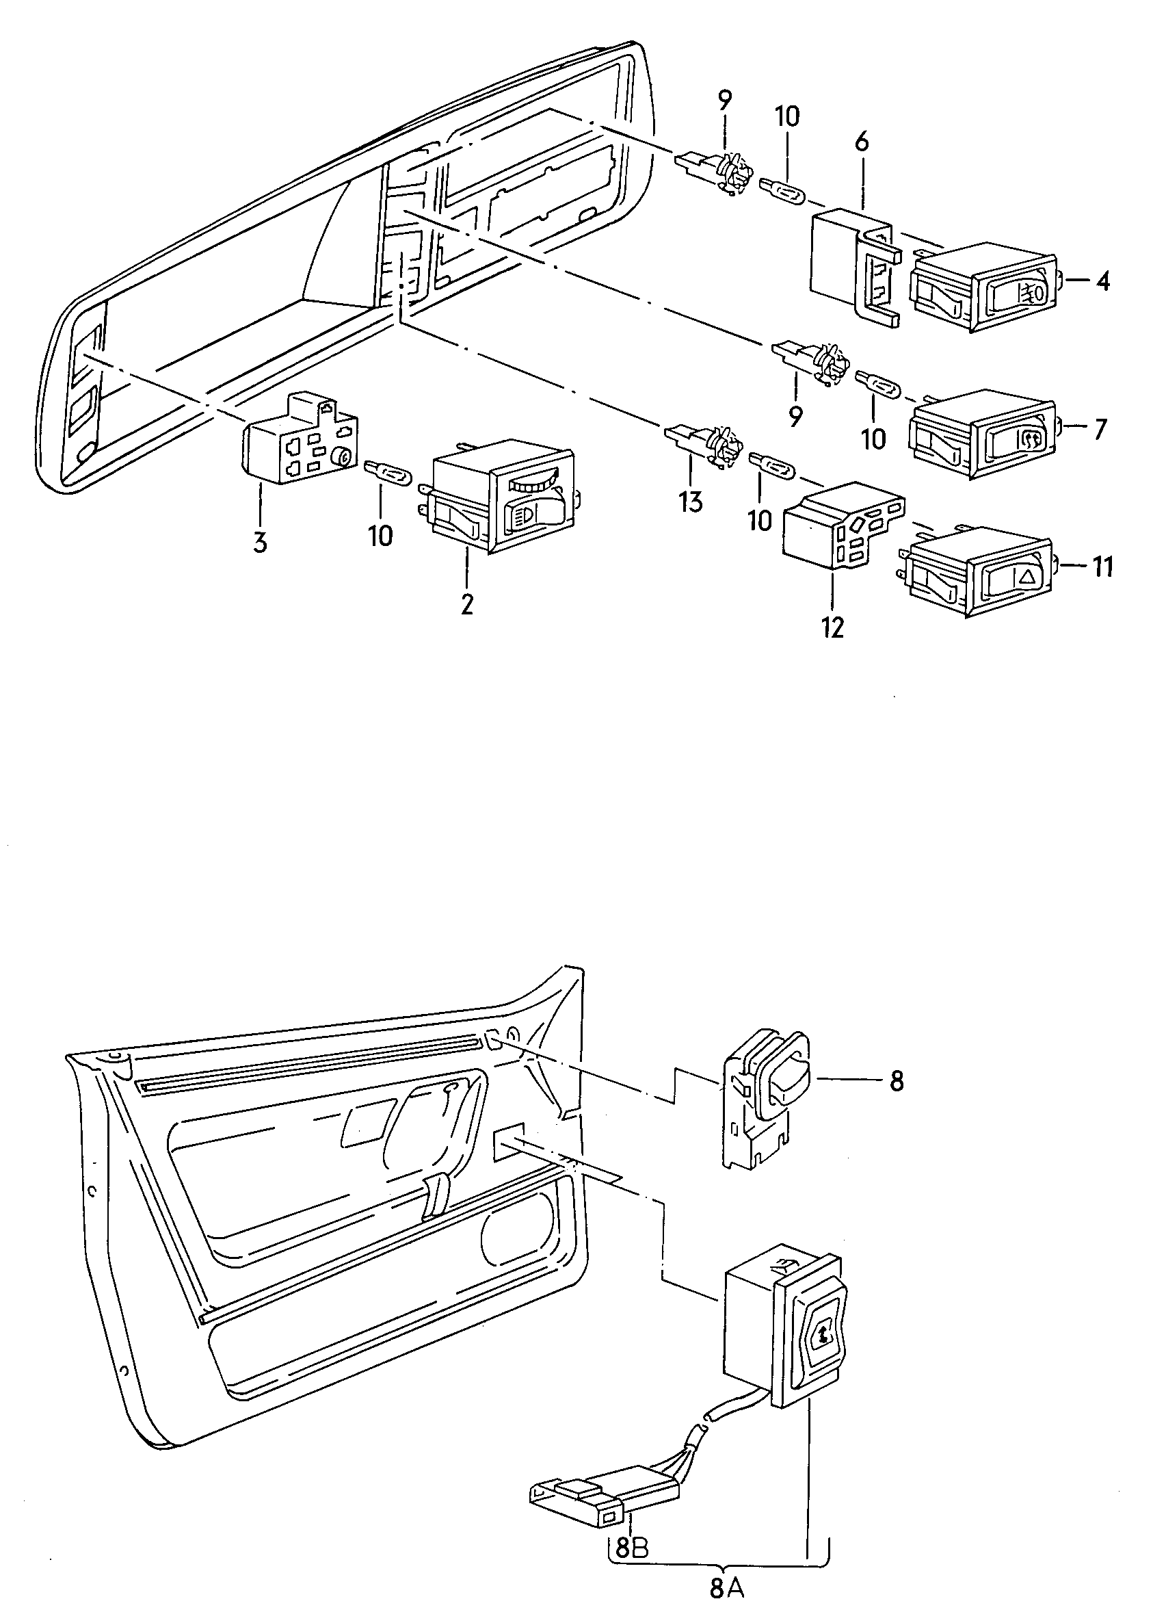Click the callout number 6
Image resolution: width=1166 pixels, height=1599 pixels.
pyautogui.click(x=862, y=142)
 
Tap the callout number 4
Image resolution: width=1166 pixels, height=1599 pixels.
pyautogui.click(x=1102, y=282)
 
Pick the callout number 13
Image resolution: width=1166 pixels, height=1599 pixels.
pyautogui.click(x=691, y=502)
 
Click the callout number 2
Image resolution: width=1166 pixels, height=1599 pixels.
pyautogui.click(x=466, y=605)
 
